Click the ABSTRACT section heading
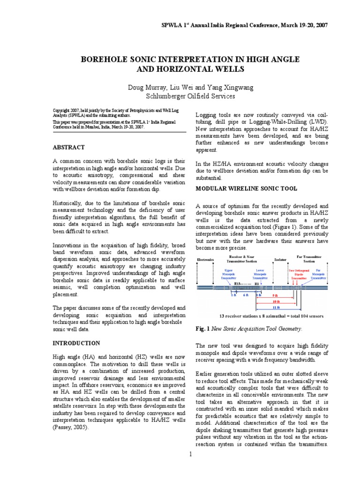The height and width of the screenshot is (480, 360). click(68, 147)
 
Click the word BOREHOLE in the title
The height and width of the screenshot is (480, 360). click(103, 60)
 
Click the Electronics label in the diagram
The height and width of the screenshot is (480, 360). click(205, 259)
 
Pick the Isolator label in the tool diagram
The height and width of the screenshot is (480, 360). click(279, 259)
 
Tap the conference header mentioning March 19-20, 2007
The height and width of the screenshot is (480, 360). click(239, 25)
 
